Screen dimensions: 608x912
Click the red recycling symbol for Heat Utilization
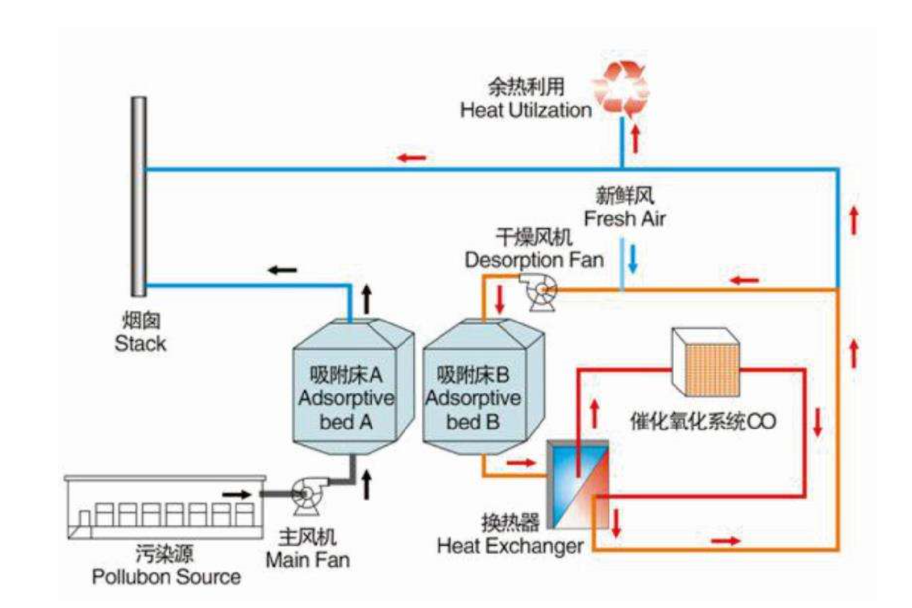(x=621, y=89)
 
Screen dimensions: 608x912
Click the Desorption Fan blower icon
(x=540, y=291)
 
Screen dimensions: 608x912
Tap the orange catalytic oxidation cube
(x=706, y=362)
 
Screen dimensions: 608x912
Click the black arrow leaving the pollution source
(x=236, y=494)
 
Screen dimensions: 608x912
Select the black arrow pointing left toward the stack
(x=282, y=270)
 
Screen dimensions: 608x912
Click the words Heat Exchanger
(x=510, y=546)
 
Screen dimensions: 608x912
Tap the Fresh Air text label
(x=624, y=218)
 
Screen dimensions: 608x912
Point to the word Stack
(x=140, y=344)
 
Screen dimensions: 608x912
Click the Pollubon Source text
(x=166, y=577)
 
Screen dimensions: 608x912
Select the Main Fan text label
(x=307, y=560)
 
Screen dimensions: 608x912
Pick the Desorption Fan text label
(x=534, y=260)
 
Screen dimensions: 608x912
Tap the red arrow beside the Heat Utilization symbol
(x=635, y=139)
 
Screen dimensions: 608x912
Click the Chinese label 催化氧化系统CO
(x=703, y=422)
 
